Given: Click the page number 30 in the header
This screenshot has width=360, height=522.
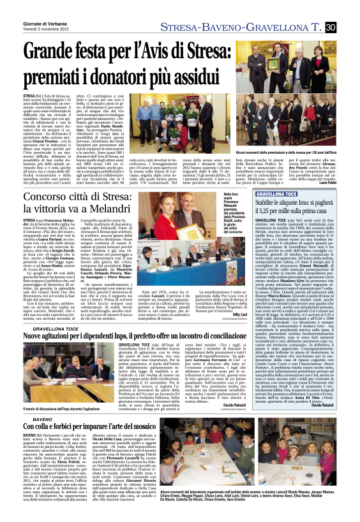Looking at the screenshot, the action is pos(331,27).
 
